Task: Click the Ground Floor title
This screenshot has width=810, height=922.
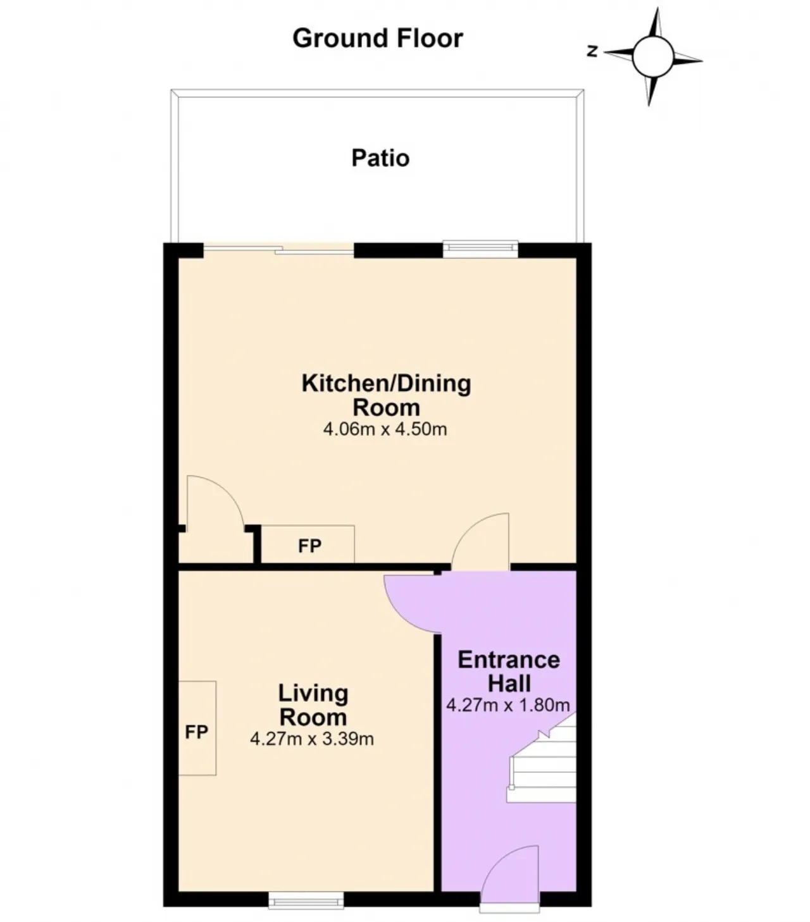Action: tap(378, 38)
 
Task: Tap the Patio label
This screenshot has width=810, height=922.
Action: tap(380, 158)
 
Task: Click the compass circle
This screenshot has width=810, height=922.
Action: tap(653, 57)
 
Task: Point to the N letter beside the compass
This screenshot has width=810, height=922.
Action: tap(592, 51)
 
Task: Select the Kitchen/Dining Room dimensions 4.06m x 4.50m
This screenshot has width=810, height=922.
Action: tap(385, 429)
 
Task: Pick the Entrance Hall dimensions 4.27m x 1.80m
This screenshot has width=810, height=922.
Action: tap(508, 705)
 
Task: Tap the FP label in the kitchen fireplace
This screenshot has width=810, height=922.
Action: tap(310, 546)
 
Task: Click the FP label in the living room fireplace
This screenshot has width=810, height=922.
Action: tap(196, 732)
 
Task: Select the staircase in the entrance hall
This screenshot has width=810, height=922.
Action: tap(542, 758)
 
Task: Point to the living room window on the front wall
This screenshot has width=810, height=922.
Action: tap(306, 900)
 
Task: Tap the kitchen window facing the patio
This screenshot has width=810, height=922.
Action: tap(481, 249)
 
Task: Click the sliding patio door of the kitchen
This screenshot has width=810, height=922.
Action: tap(278, 250)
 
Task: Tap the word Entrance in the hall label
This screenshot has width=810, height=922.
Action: tap(509, 660)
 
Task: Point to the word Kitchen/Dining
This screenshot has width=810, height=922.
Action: tap(386, 384)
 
